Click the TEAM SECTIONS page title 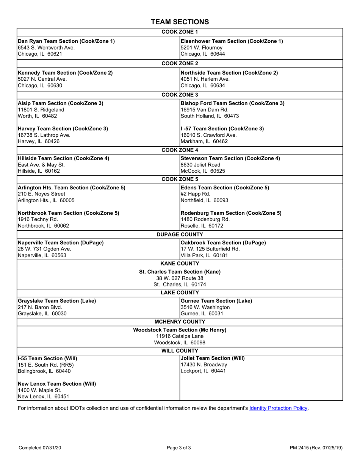tap(180, 22)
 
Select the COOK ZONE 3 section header tap(180, 95)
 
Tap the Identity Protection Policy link tap(278, 408)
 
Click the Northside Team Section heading tap(229, 73)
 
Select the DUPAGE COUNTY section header tap(180, 235)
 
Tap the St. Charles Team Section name tap(180, 272)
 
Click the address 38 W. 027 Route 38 tap(180, 278)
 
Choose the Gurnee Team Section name tap(216, 301)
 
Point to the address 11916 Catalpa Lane tap(180, 336)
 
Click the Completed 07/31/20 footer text tap(40, 448)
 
